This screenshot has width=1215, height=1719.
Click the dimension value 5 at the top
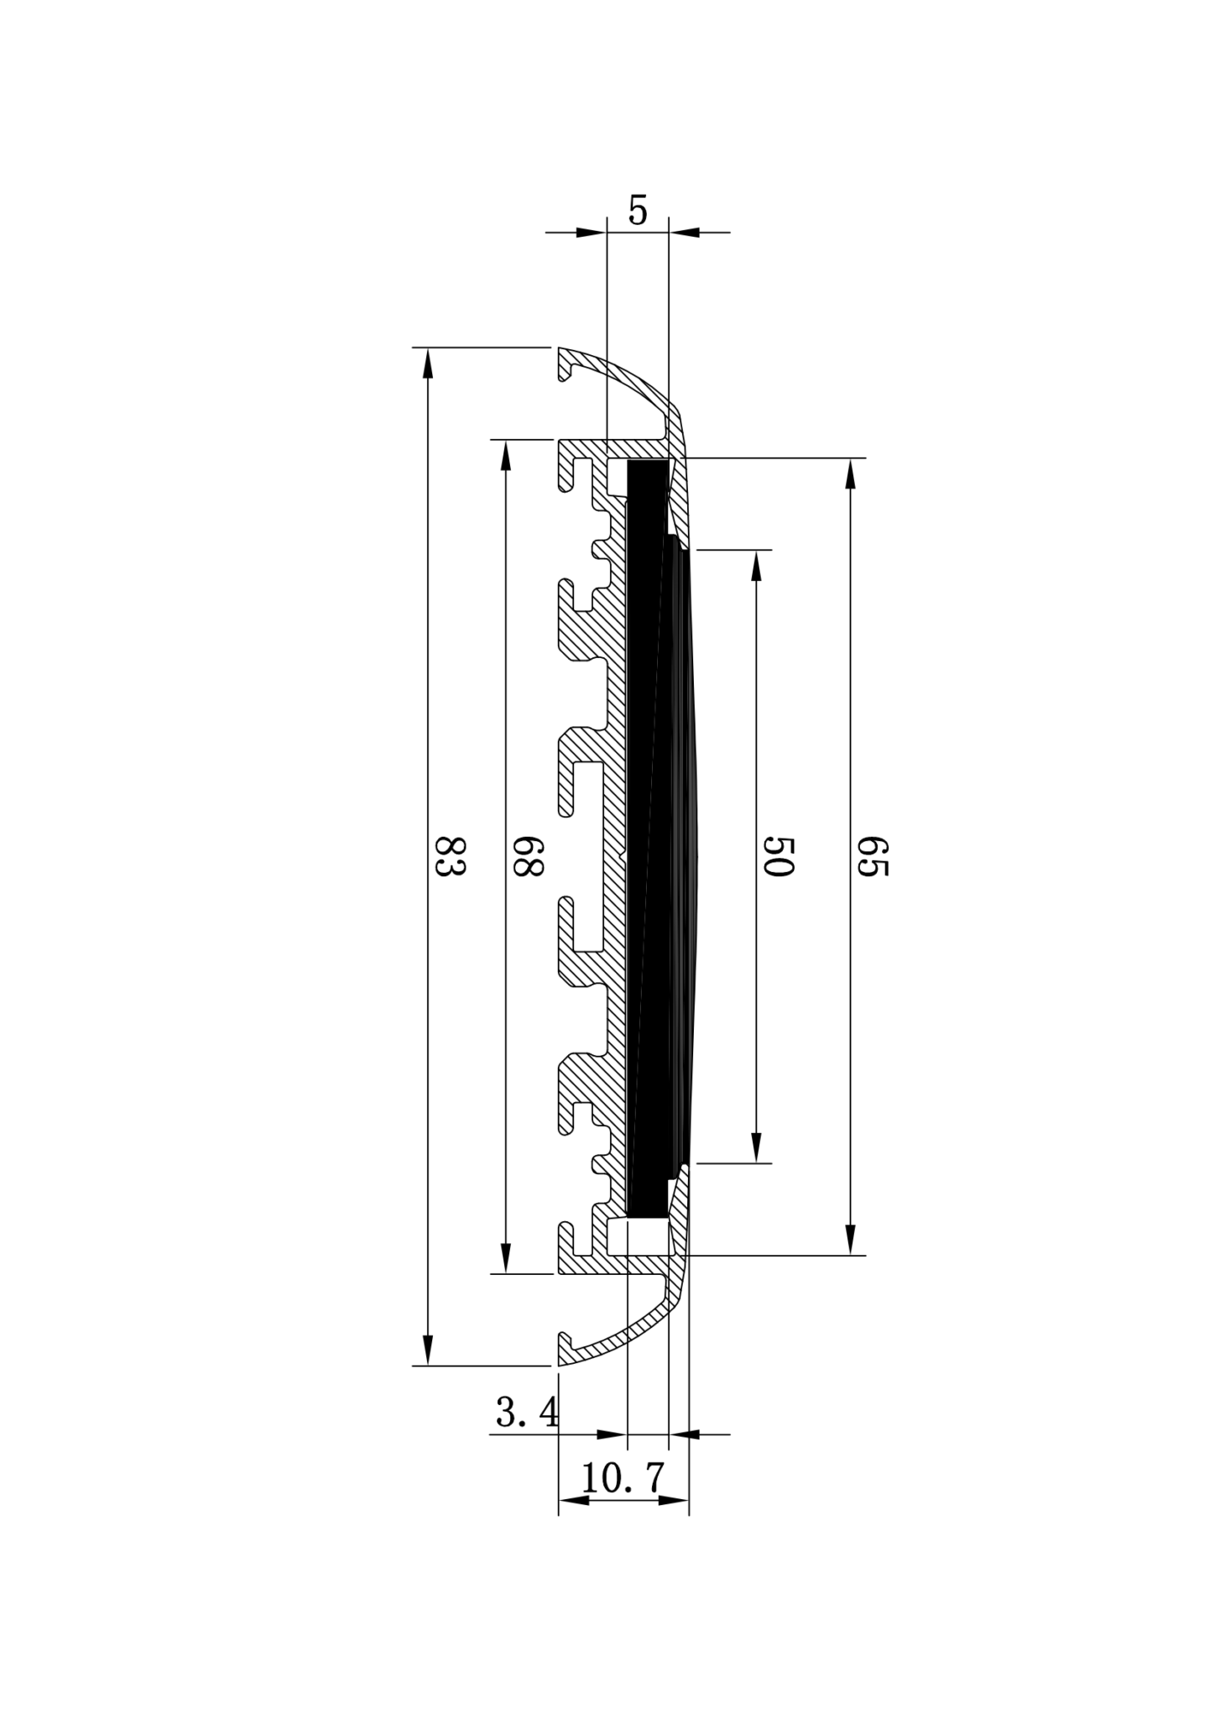pyautogui.click(x=638, y=211)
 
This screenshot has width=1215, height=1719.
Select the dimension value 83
pyautogui.click(x=450, y=856)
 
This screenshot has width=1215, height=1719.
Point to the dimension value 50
pyautogui.click(x=778, y=856)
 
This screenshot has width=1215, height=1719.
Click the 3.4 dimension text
pyautogui.click(x=527, y=1413)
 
